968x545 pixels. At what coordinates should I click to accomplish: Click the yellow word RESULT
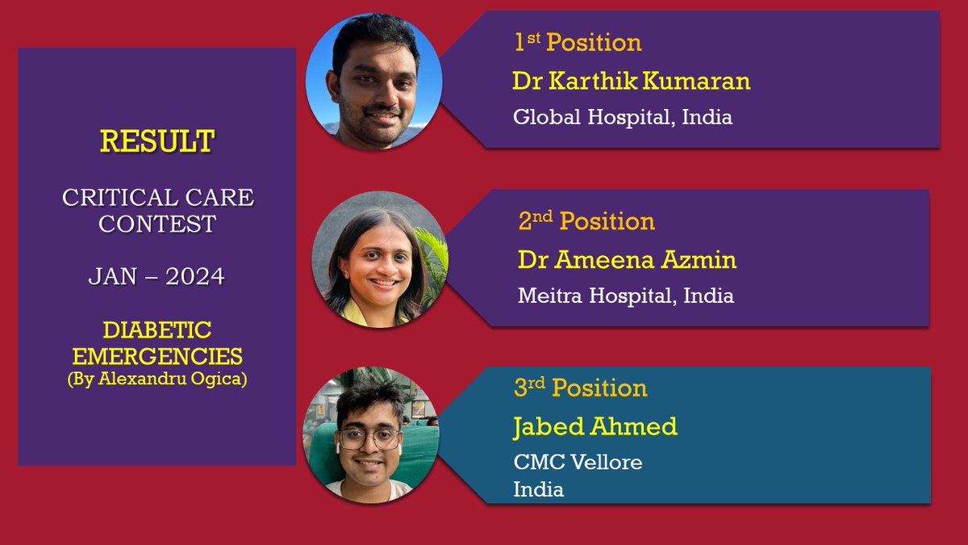point(157,141)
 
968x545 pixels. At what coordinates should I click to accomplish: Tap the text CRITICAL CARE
point(157,198)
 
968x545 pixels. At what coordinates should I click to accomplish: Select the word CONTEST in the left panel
point(157,223)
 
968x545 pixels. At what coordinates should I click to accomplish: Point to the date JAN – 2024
point(156,277)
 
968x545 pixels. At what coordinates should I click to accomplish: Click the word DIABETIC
point(157,329)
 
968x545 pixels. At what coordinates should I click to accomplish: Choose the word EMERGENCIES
point(157,355)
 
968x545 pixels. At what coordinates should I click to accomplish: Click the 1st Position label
point(578,43)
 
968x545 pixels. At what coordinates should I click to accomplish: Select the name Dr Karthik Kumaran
point(631,81)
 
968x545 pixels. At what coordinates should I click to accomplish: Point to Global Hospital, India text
point(623,116)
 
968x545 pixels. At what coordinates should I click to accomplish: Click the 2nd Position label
point(586,220)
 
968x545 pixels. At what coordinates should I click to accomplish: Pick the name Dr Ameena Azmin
point(627,260)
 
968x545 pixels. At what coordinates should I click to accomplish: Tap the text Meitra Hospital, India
point(625,296)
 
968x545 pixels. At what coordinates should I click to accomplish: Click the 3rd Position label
point(580,388)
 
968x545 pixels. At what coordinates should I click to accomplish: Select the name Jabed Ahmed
point(595,426)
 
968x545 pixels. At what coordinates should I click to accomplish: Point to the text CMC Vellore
point(578,463)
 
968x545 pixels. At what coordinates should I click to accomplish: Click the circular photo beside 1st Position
point(373,81)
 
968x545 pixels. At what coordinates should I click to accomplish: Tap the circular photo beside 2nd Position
point(379,258)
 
